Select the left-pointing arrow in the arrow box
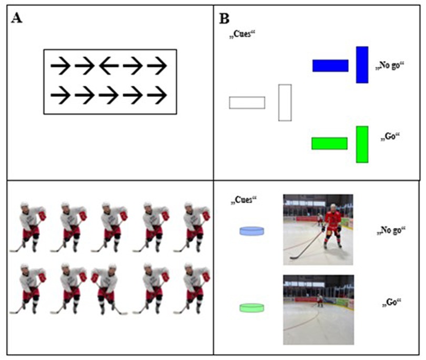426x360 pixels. pyautogui.click(x=109, y=66)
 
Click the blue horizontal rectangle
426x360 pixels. pyautogui.click(x=330, y=65)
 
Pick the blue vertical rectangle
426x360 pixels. pyautogui.click(x=362, y=65)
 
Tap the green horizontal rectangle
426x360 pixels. pyautogui.click(x=329, y=143)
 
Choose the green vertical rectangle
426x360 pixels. pyautogui.click(x=362, y=144)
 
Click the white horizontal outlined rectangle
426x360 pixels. pyautogui.click(x=247, y=103)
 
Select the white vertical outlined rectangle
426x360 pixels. pyautogui.click(x=285, y=103)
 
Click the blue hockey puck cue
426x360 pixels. pyautogui.click(x=251, y=231)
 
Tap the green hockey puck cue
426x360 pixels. pyautogui.click(x=251, y=308)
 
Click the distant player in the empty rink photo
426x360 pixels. pyautogui.click(x=319, y=300)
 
